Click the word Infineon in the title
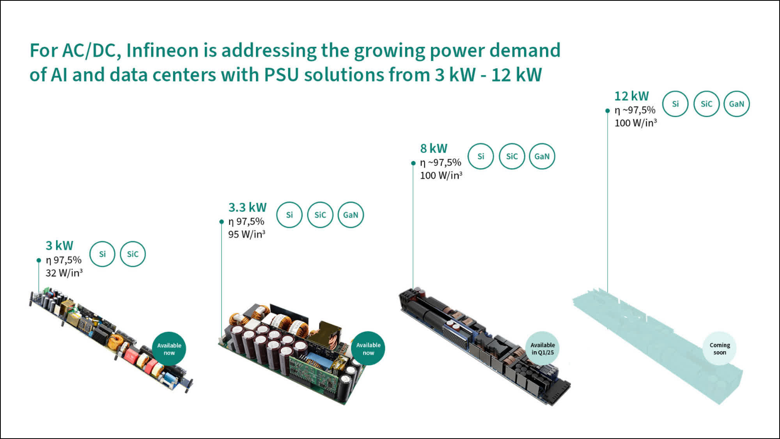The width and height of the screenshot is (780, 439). click(162, 51)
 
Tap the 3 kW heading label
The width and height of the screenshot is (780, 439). click(59, 245)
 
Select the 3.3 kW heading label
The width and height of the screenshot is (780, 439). click(247, 207)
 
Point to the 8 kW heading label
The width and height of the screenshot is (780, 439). click(433, 148)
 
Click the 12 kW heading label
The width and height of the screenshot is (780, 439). click(631, 96)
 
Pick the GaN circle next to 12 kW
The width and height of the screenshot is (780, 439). click(736, 104)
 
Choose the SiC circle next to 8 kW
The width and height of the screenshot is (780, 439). click(512, 156)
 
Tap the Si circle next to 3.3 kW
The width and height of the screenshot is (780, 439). click(289, 215)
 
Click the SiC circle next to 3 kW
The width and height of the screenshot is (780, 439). click(133, 254)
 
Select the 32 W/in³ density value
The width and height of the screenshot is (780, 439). click(64, 273)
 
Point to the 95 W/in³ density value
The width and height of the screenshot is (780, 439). click(246, 234)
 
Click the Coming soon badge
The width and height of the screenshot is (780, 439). click(720, 348)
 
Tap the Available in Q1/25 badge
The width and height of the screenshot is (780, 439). click(542, 348)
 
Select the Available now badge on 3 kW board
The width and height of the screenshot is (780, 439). click(169, 349)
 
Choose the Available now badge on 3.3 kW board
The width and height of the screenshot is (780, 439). click(368, 348)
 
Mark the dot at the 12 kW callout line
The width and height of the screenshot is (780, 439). click(607, 111)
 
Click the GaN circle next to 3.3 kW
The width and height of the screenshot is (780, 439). click(351, 215)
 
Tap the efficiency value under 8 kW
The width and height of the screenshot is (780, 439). click(440, 162)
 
